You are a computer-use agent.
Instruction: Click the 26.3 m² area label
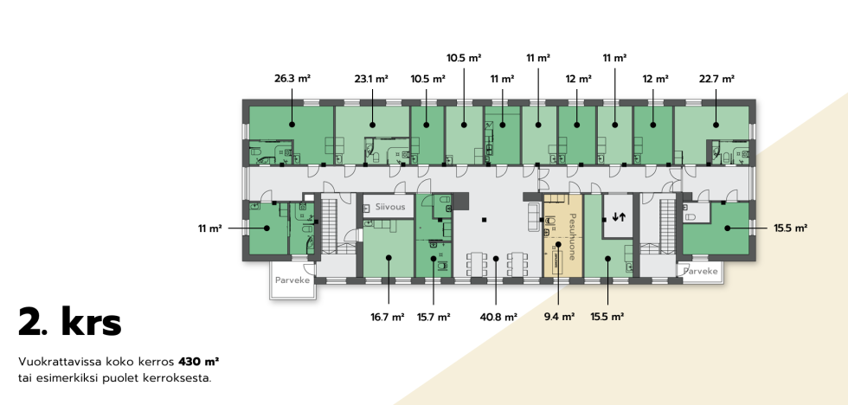292,79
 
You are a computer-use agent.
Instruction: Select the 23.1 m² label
371,79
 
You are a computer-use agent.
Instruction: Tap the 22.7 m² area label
716,79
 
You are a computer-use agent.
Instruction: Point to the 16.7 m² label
388,318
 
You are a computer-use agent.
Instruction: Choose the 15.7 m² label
434,318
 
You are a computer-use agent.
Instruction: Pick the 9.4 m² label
559,318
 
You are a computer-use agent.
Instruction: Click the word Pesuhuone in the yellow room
572,236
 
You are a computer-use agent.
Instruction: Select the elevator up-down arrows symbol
619,217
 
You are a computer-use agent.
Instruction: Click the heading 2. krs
70,322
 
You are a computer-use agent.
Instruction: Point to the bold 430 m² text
198,361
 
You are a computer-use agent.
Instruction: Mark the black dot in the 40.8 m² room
496,259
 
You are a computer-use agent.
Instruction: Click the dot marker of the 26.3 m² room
292,125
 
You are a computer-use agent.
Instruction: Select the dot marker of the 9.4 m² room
559,245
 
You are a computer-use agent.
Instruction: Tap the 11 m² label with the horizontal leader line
209,228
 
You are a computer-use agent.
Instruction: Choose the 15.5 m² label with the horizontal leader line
791,228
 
